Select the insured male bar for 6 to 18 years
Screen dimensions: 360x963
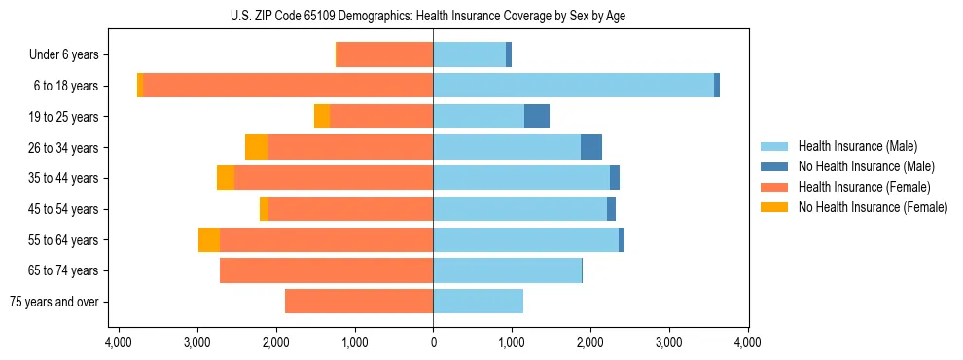click(573, 86)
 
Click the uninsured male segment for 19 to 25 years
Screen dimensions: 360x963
click(537, 117)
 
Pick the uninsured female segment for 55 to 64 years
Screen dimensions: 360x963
click(209, 240)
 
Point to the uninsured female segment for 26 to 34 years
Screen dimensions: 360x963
click(257, 147)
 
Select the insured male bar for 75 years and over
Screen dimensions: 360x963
click(478, 302)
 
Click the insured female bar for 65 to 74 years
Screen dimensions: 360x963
click(326, 270)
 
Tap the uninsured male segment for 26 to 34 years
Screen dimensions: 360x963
click(591, 147)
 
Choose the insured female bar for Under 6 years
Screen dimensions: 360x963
click(384, 54)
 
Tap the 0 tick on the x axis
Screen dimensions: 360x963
click(433, 342)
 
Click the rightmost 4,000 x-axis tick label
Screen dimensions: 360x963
click(747, 342)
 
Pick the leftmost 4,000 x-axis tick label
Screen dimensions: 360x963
click(119, 342)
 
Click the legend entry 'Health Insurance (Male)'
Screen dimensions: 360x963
click(857, 146)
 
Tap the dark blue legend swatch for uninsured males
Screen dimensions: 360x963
click(775, 166)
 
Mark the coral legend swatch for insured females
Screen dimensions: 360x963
click(775, 187)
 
